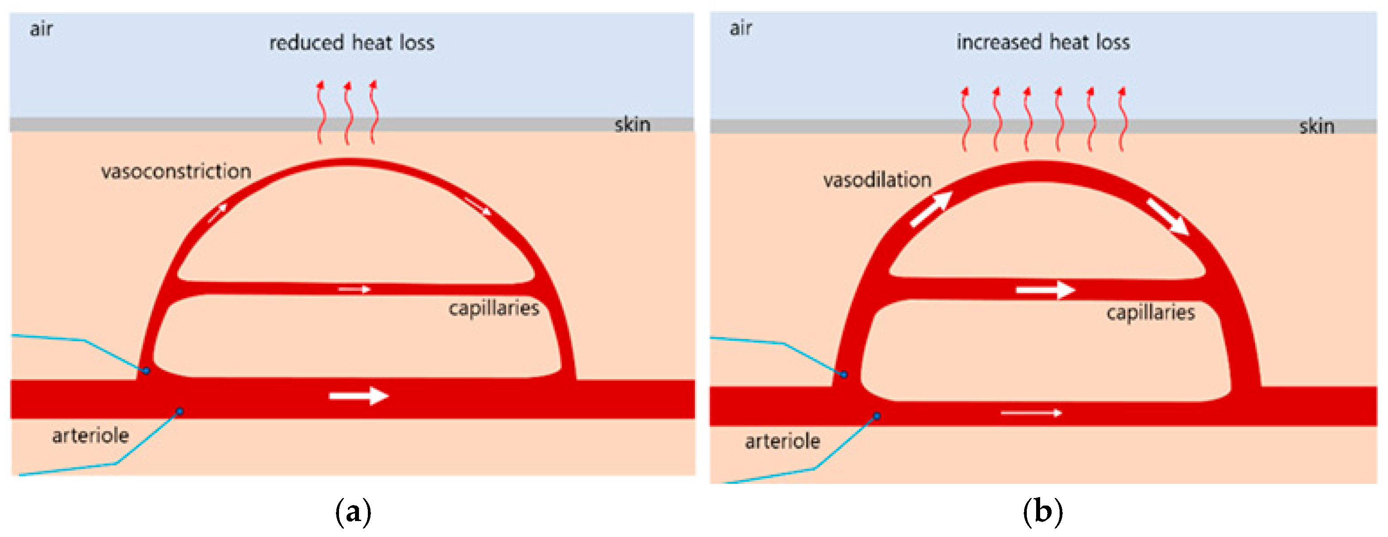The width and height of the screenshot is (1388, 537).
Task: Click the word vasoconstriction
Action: tap(176, 171)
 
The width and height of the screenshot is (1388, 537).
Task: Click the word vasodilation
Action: tap(877, 179)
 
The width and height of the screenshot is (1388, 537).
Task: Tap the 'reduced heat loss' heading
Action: tap(351, 43)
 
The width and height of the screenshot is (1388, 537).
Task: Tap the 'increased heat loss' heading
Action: tap(1043, 42)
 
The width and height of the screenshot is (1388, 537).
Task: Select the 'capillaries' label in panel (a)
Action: tap(494, 308)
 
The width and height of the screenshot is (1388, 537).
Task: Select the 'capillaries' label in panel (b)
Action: tap(1150, 312)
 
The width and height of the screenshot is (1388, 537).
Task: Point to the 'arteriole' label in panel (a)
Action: tap(90, 435)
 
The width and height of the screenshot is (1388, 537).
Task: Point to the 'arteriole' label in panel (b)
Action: tap(782, 441)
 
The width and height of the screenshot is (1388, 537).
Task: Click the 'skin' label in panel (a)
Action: tap(632, 125)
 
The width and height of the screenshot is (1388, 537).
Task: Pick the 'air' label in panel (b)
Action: tap(741, 28)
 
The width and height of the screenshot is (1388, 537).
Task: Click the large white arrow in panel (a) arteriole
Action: tap(359, 396)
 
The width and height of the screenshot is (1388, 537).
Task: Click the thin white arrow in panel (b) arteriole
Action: tap(1031, 413)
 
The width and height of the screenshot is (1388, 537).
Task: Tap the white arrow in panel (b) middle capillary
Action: tap(1045, 290)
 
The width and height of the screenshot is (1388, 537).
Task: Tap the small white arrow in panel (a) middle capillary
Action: tap(355, 290)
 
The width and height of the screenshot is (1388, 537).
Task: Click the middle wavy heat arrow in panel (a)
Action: tap(347, 113)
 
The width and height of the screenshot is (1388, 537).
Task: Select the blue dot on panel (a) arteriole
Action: tap(179, 412)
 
